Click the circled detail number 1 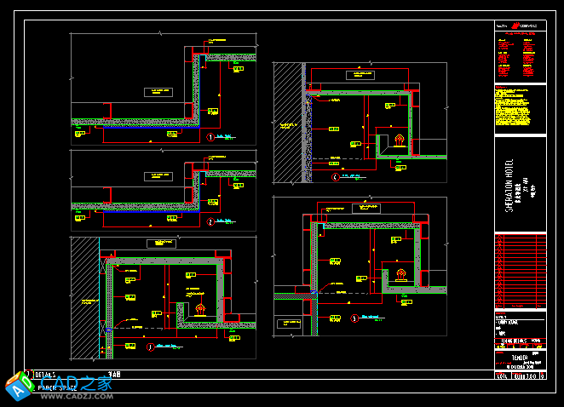pos(210,136)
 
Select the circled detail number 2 pos(210,222)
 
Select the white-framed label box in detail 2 pos(161,176)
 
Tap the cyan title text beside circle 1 pos(225,136)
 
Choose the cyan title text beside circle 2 pos(225,222)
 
